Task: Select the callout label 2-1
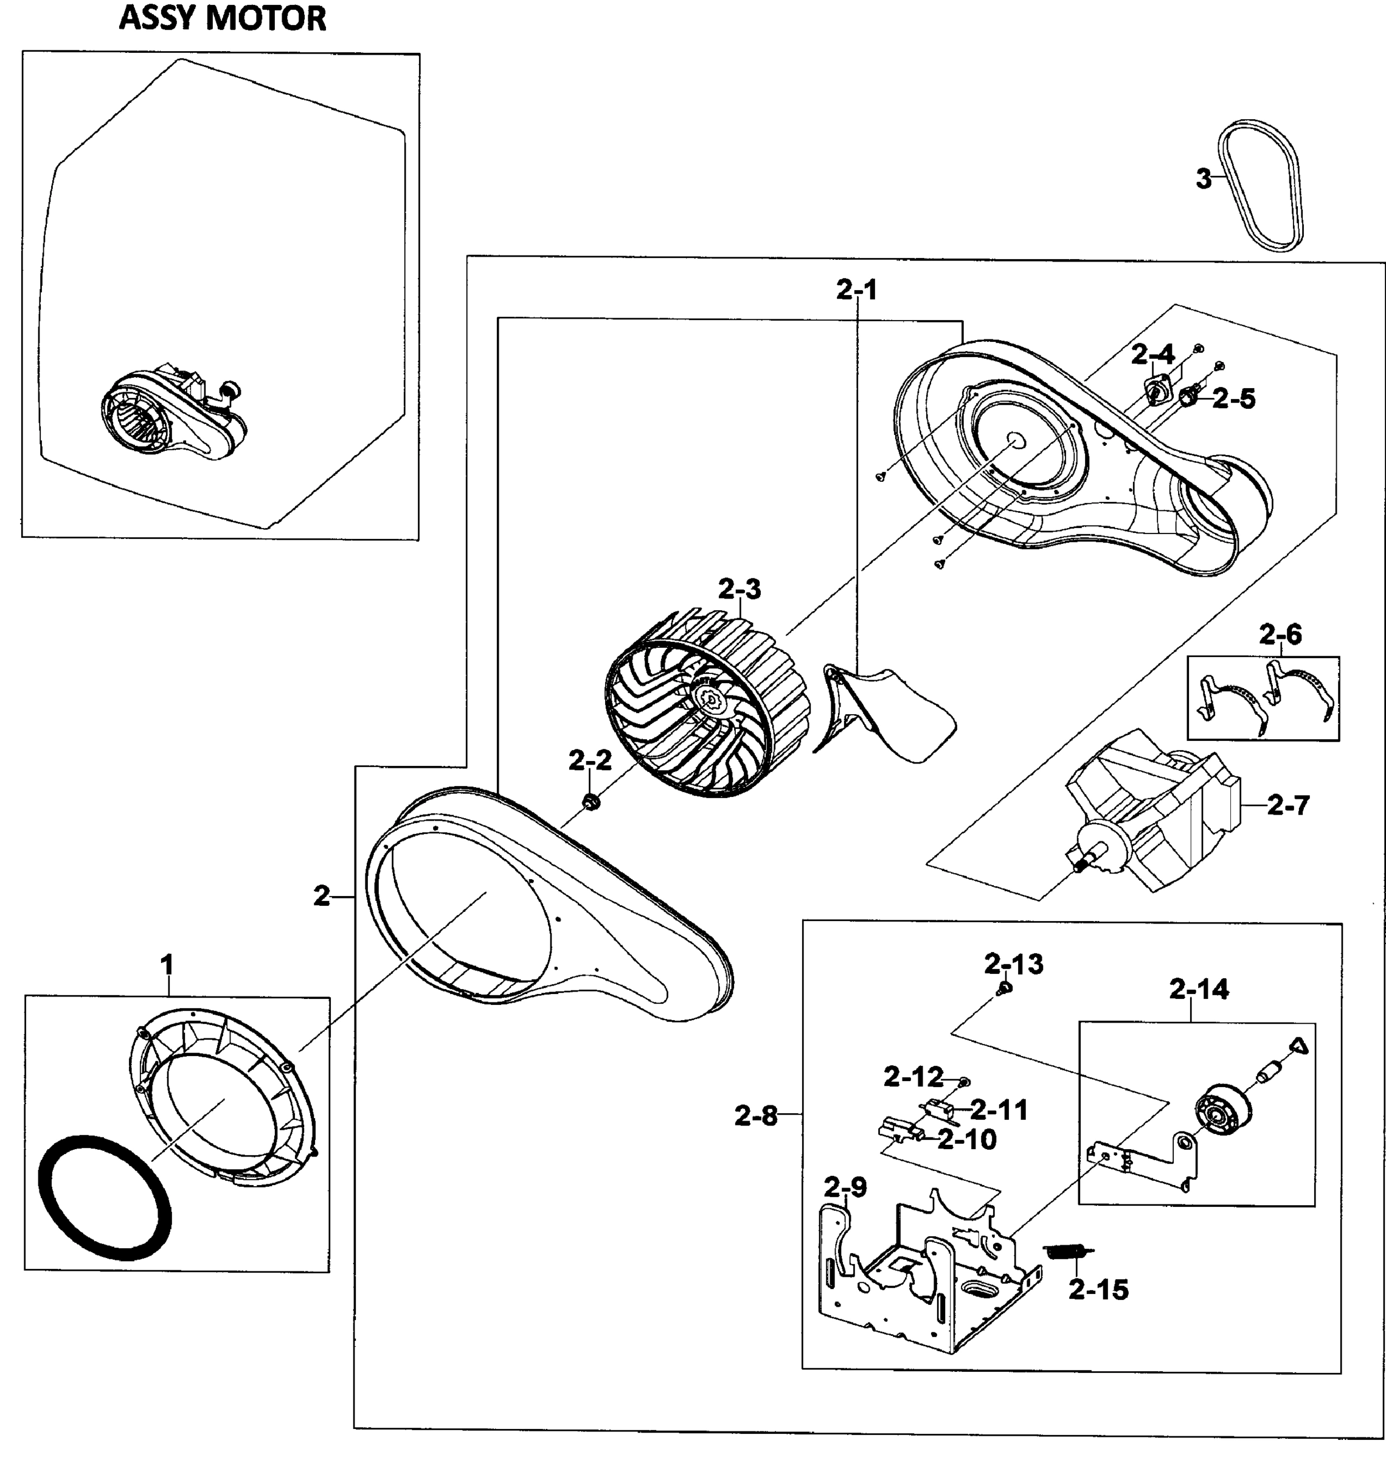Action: click(856, 290)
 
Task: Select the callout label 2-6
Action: click(1280, 634)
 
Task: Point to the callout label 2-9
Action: click(845, 1187)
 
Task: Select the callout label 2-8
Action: click(756, 1116)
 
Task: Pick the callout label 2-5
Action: click(1233, 400)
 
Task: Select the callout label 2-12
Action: click(913, 1077)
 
